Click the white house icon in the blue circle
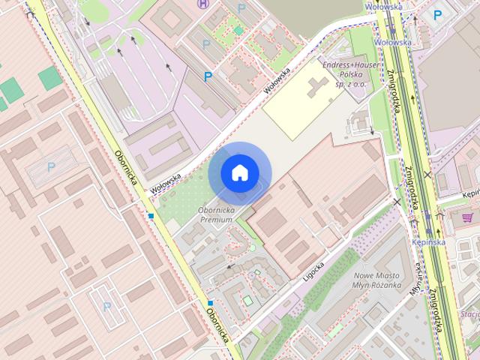[x=238, y=172]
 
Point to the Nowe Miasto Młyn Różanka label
[x=378, y=280]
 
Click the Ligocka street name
[x=310, y=268]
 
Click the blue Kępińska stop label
[x=429, y=242]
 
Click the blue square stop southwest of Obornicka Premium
[x=211, y=303]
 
